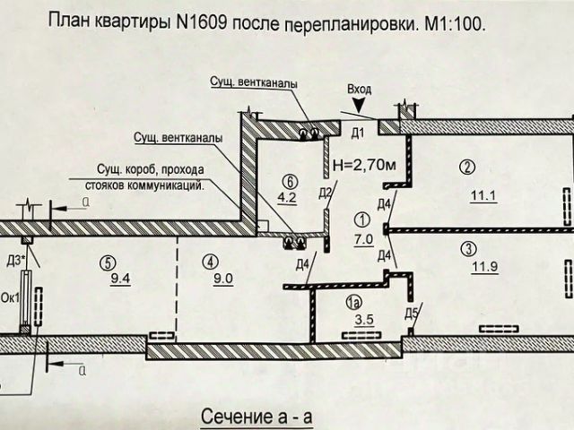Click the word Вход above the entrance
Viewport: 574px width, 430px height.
click(357, 90)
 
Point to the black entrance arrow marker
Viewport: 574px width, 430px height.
click(359, 107)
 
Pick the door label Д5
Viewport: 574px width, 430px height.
click(411, 313)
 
